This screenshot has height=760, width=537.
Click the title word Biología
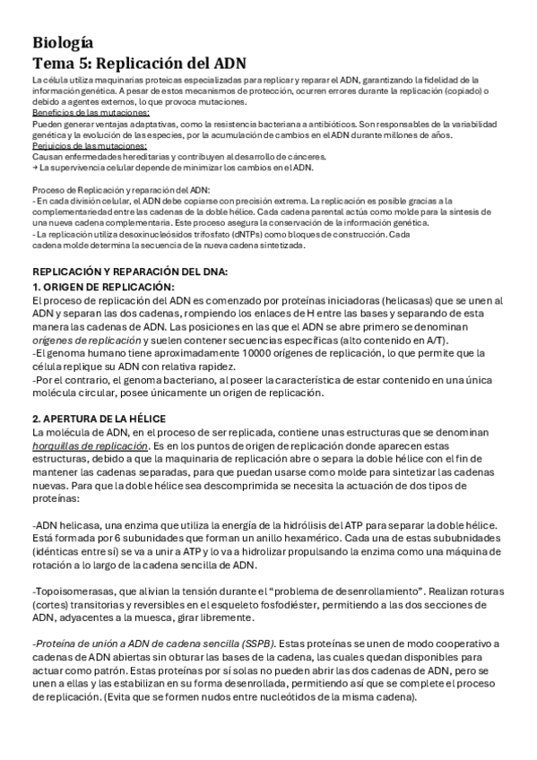[61, 43]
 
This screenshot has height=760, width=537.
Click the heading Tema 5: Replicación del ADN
[139, 64]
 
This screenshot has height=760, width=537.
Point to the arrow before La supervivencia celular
[34, 168]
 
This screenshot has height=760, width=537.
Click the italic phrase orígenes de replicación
[88, 341]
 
